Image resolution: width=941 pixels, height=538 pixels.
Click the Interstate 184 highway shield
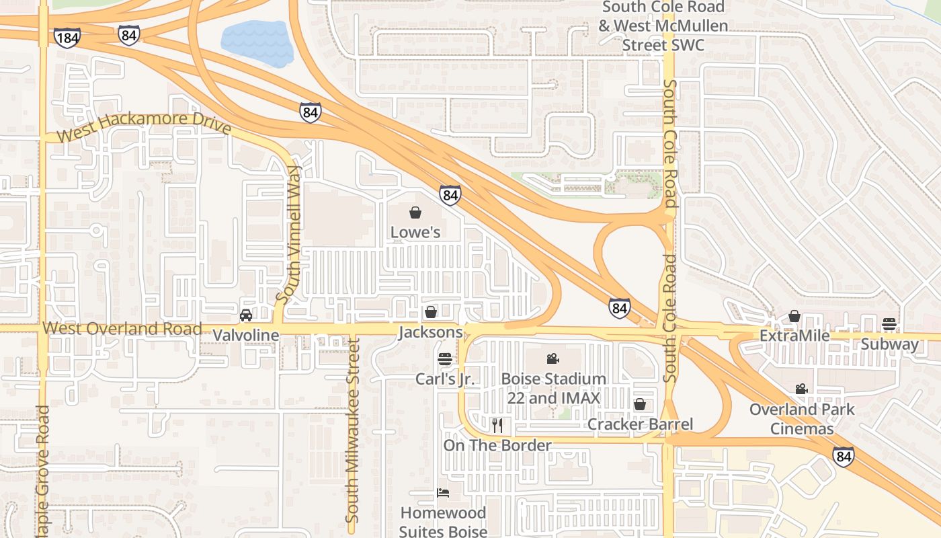[67, 38]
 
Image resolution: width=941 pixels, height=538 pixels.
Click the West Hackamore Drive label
[144, 127]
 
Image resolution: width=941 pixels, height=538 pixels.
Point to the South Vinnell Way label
[291, 234]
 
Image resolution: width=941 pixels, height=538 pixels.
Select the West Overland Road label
[122, 329]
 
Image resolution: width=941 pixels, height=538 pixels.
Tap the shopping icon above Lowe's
[415, 213]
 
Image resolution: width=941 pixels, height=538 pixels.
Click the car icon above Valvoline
[246, 315]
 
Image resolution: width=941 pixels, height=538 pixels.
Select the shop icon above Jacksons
[431, 312]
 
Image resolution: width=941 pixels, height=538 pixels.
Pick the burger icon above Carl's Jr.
[444, 359]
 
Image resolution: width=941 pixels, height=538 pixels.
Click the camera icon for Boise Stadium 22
[553, 358]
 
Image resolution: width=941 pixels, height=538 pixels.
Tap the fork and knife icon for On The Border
[497, 425]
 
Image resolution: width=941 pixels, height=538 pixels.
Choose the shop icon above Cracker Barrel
[640, 404]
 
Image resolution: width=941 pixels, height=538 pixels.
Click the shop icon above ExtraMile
[794, 316]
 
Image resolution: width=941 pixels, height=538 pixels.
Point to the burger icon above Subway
[889, 324]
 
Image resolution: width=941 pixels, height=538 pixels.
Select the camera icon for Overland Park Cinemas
[801, 389]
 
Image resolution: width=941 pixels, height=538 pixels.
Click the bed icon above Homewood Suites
[443, 493]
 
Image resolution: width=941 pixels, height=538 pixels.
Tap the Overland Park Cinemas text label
[802, 419]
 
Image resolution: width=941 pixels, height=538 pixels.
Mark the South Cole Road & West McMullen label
[663, 26]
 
